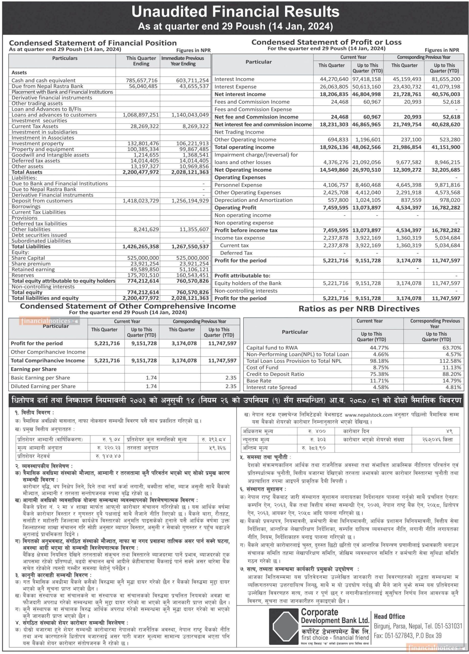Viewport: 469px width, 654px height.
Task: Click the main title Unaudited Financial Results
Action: click(x=235, y=12)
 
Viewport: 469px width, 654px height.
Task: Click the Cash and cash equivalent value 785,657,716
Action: click(x=142, y=80)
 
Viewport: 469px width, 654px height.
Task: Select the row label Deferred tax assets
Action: click(x=36, y=161)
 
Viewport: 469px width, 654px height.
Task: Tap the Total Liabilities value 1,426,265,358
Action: click(x=140, y=247)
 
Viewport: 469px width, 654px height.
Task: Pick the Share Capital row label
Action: click(x=28, y=258)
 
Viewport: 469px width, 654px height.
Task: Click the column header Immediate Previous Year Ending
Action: click(x=183, y=61)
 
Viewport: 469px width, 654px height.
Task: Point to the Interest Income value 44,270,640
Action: click(x=334, y=79)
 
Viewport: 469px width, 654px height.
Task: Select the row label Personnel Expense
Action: click(x=238, y=185)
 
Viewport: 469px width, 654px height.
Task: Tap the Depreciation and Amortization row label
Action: click(x=253, y=200)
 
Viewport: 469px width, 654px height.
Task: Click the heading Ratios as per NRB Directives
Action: click(x=359, y=309)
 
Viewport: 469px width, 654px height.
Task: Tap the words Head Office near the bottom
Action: click(x=389, y=616)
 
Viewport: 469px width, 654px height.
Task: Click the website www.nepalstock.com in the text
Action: click(x=368, y=415)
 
